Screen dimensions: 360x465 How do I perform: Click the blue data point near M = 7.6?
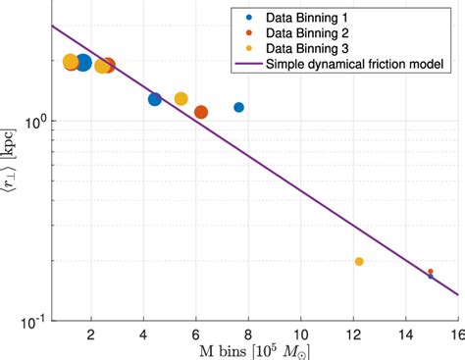tap(238, 107)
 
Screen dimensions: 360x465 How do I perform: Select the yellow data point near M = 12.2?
tap(359, 262)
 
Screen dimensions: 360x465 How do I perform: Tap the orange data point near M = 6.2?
tap(201, 112)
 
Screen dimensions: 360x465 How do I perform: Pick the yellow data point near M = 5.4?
tap(181, 99)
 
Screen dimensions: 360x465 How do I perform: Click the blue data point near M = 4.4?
tap(155, 99)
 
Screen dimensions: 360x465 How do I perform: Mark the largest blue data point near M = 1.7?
tap(83, 64)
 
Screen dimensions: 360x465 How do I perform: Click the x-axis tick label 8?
tap(248, 334)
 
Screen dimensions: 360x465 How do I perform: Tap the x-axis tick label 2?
tap(91, 334)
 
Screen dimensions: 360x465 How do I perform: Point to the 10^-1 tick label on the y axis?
tap(33, 321)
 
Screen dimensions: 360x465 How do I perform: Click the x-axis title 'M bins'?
tap(234, 351)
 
